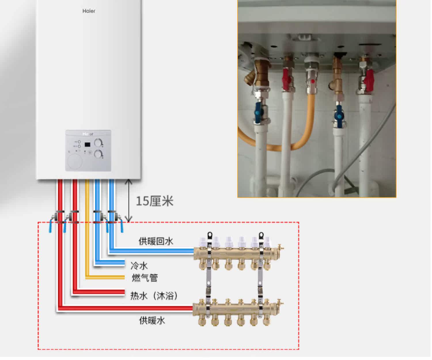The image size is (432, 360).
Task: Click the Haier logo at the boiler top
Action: tap(89, 11)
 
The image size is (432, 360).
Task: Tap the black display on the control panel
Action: tap(88, 144)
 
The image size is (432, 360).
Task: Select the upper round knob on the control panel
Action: tap(98, 142)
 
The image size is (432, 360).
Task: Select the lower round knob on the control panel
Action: tap(98, 154)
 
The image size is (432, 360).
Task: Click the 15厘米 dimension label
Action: tap(155, 201)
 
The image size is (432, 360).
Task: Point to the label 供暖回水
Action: tap(156, 241)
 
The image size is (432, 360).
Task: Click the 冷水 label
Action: tap(139, 265)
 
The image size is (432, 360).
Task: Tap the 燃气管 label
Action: tap(145, 278)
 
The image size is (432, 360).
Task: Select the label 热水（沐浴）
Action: tap(154, 296)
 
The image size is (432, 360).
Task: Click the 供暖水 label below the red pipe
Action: tap(152, 320)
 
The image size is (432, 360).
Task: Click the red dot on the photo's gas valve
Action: tap(313, 81)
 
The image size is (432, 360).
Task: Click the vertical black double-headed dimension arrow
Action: tap(129, 201)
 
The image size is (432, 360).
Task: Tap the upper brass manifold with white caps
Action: tap(236, 253)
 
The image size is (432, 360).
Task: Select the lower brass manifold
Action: tap(236, 309)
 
